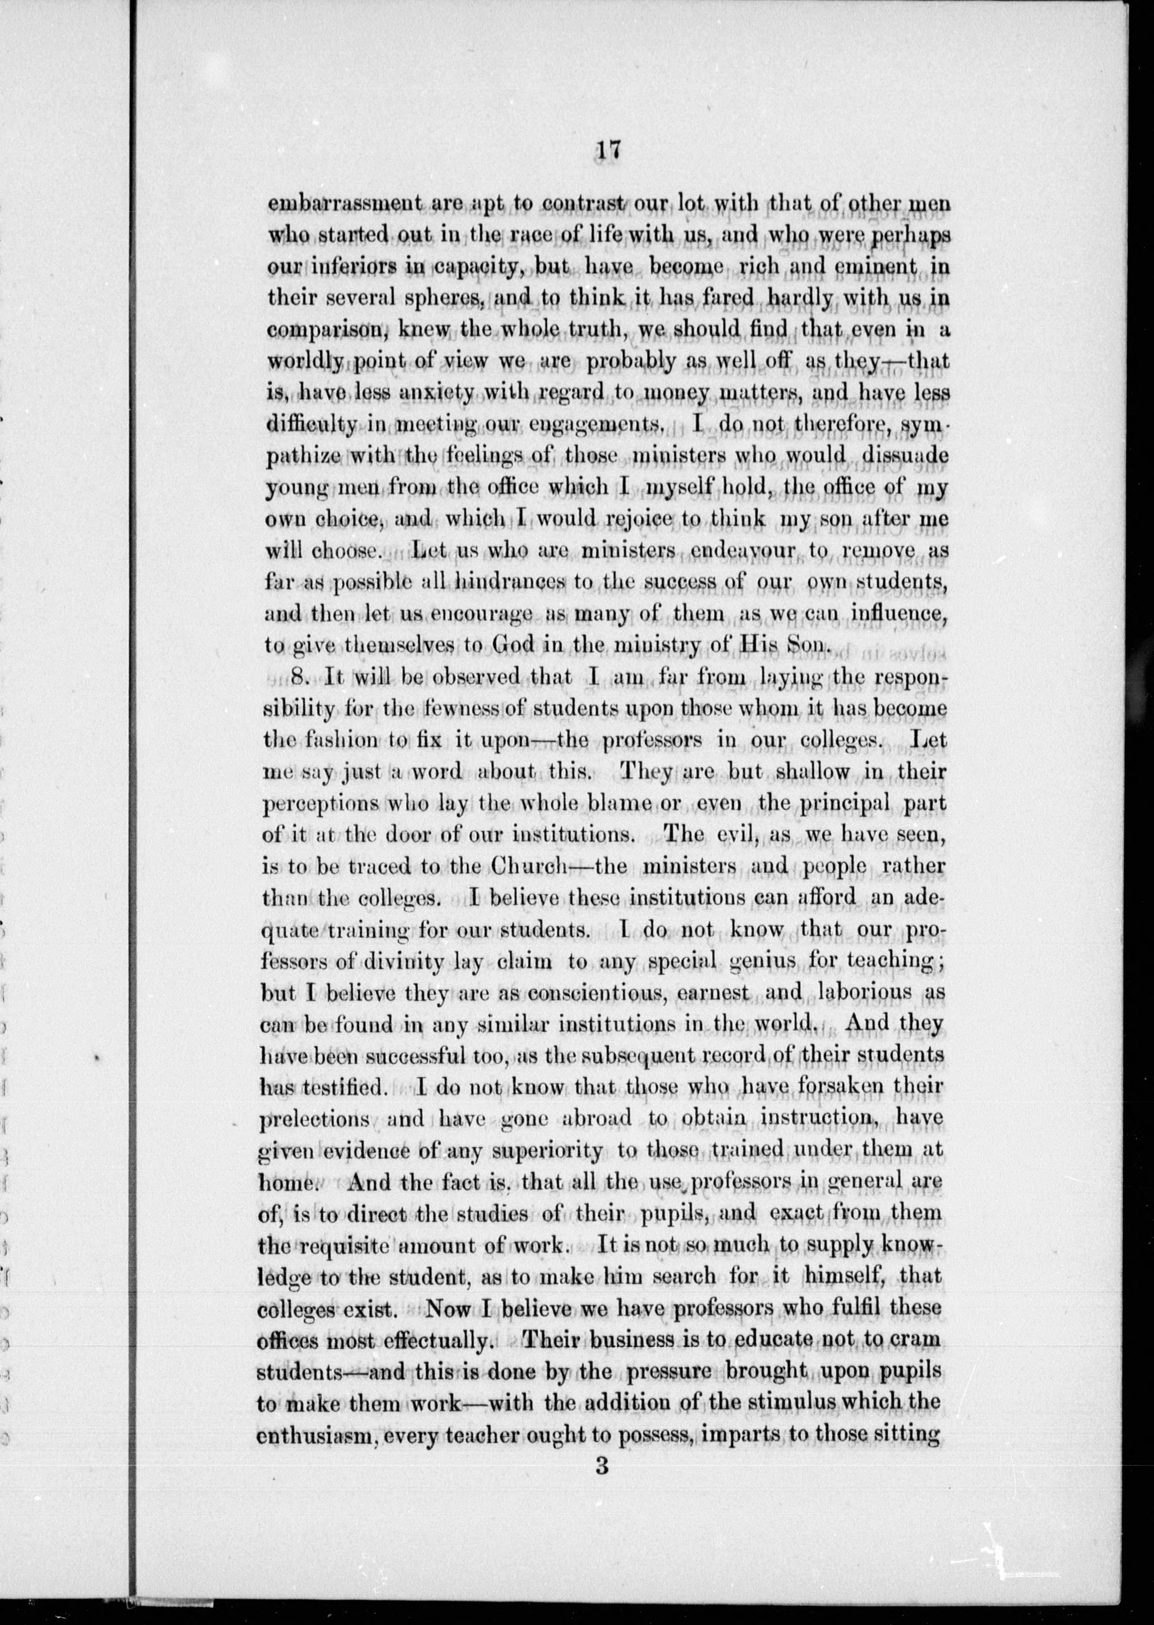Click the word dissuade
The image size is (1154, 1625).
[x=904, y=455]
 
